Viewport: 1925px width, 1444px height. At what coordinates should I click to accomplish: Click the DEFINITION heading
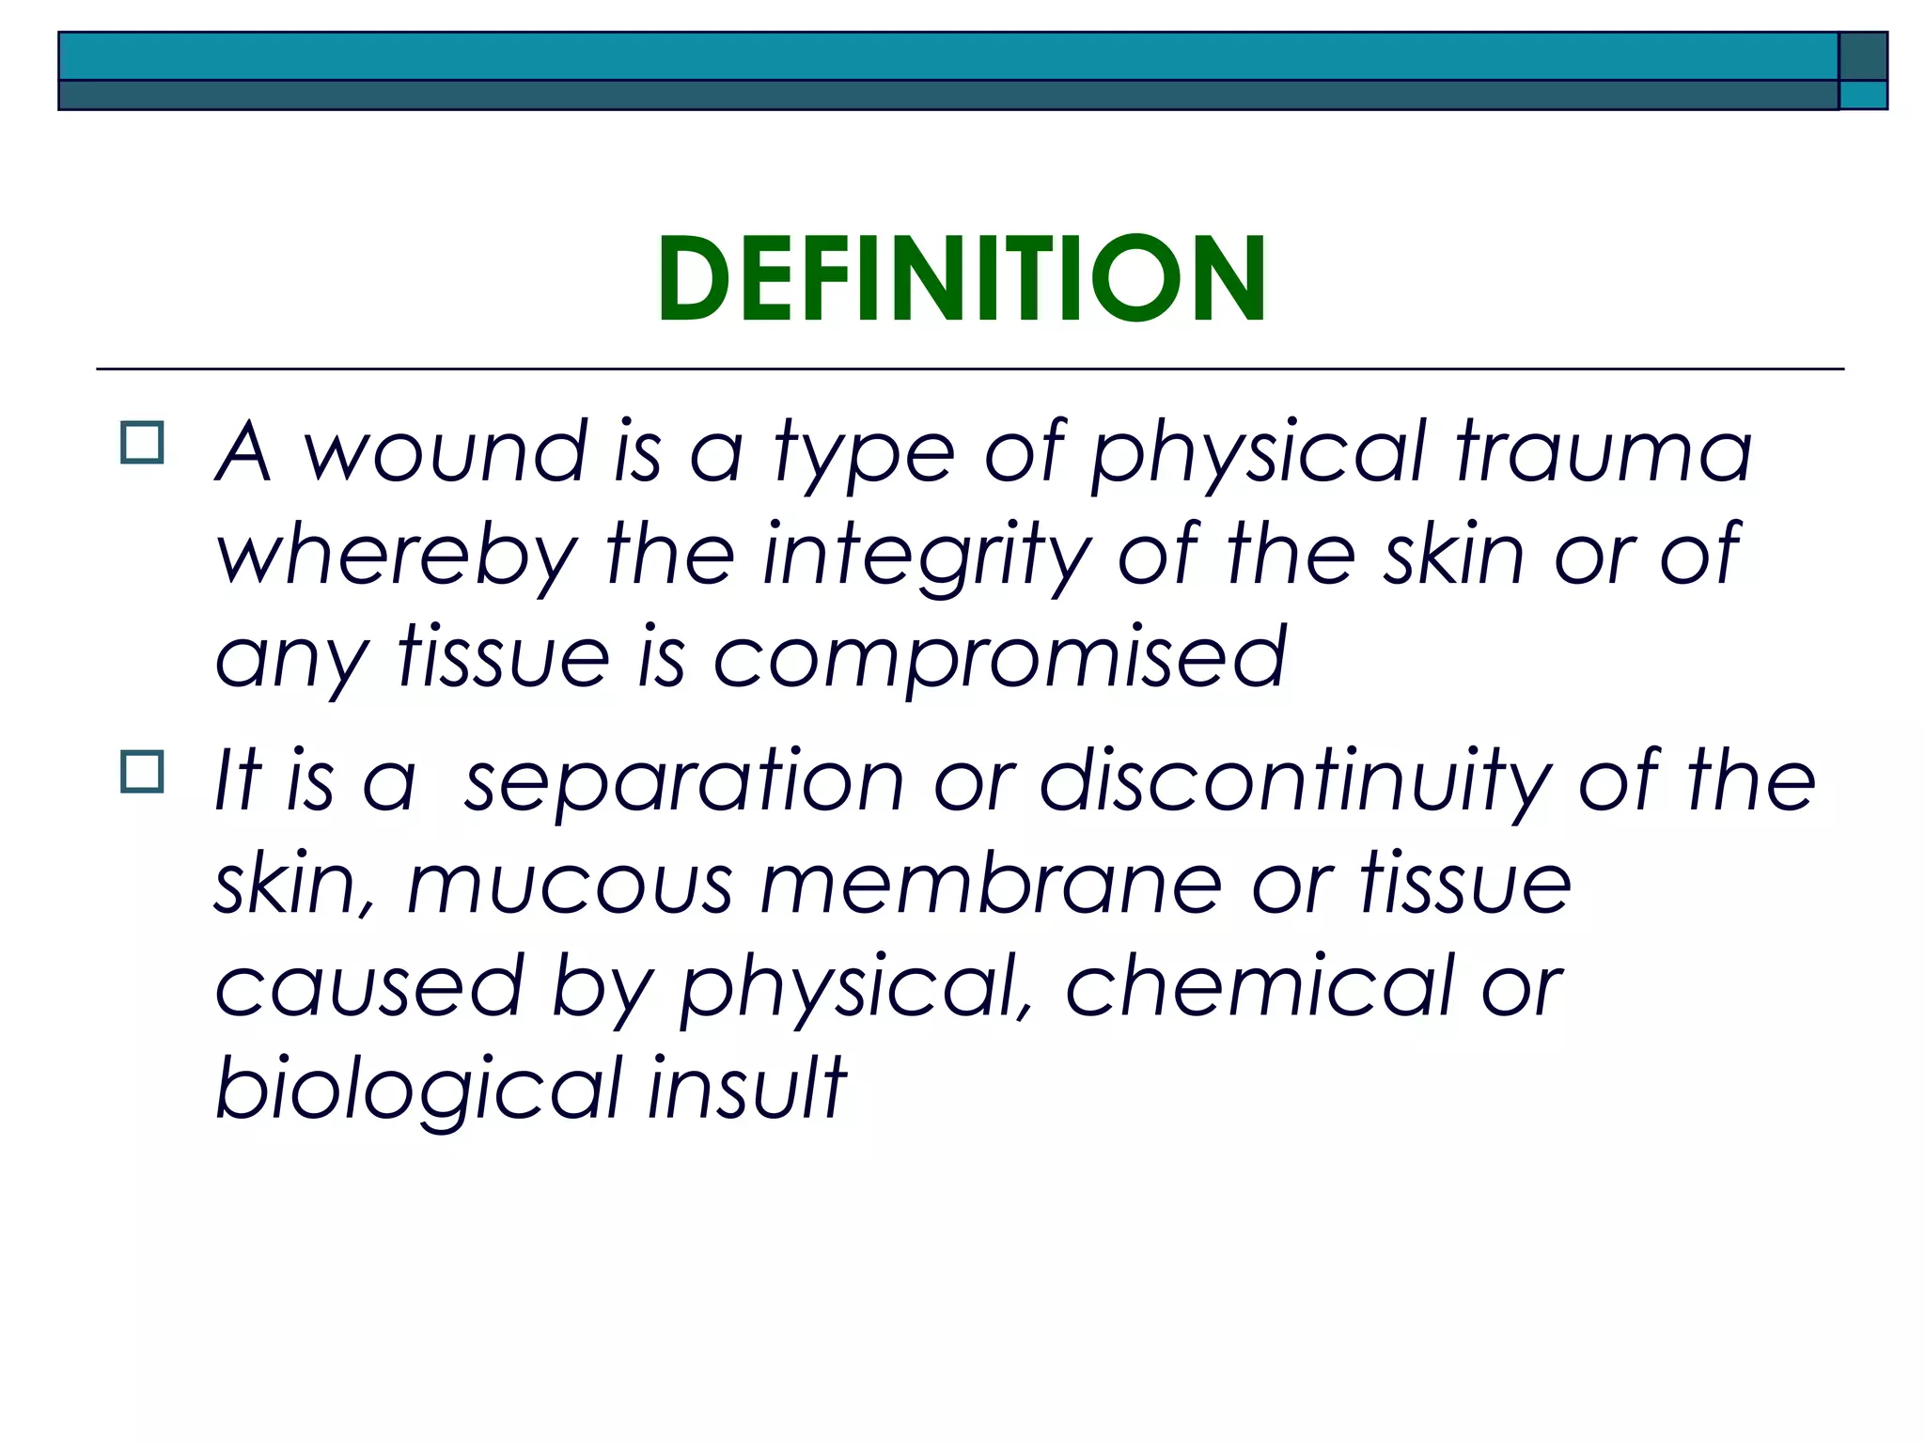[962, 279]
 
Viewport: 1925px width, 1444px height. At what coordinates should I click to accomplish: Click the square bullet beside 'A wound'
[142, 442]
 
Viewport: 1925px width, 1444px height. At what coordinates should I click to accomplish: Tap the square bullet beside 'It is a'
[142, 772]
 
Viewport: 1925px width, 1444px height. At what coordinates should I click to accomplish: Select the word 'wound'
[445, 452]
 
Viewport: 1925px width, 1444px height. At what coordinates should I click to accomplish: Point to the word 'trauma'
[1604, 452]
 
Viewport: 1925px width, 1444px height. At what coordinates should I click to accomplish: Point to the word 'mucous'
[570, 886]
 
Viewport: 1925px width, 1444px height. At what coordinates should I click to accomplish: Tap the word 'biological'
[418, 1091]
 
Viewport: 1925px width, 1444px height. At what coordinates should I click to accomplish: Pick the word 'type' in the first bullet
[864, 454]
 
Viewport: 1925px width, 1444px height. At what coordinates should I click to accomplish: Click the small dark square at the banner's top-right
[1862, 56]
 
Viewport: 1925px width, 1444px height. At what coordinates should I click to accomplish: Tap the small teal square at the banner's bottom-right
[1862, 95]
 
